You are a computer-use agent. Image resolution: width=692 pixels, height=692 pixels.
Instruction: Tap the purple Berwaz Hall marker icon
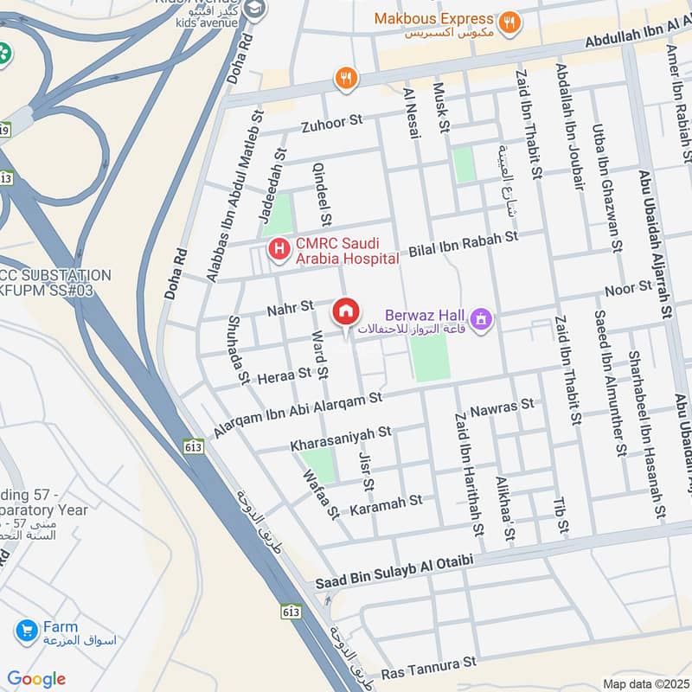point(482,321)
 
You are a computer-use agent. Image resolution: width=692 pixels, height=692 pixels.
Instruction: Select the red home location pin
point(346,311)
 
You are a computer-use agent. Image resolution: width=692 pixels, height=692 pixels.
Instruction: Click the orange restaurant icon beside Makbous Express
point(510,22)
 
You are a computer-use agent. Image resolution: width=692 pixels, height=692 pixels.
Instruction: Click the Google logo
point(35,679)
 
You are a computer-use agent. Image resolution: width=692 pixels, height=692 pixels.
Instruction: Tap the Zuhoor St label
point(331,125)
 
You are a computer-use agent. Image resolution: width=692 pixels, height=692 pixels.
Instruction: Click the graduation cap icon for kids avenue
point(255,10)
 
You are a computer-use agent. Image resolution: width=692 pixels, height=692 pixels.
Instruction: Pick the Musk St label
point(442,114)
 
